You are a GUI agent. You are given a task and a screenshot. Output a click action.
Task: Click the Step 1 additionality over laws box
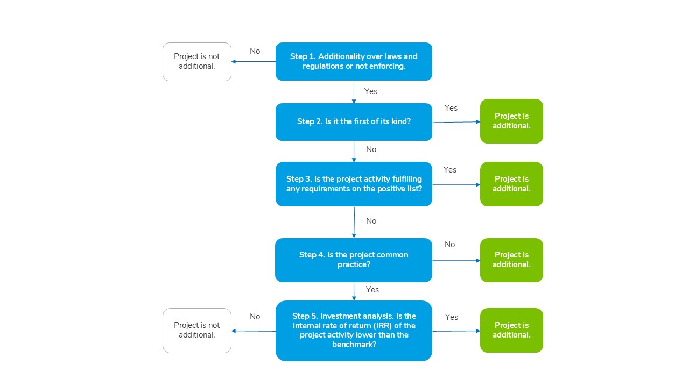tap(354, 61)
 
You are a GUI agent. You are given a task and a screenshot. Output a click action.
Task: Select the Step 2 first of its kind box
tap(354, 122)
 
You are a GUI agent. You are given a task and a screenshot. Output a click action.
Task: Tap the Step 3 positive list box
tap(354, 184)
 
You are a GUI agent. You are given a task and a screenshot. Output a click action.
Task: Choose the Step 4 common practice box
tap(354, 260)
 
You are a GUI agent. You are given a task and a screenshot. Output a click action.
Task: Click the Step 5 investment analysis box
tap(354, 331)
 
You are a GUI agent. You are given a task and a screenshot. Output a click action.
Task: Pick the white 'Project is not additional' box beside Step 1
tap(197, 62)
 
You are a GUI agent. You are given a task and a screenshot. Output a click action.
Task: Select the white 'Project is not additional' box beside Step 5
tap(197, 331)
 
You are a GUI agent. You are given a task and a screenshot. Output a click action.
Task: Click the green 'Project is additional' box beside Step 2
tap(511, 121)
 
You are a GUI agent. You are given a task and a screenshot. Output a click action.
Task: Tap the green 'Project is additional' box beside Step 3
tap(511, 184)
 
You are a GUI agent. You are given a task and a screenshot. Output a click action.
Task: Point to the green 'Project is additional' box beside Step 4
tap(511, 260)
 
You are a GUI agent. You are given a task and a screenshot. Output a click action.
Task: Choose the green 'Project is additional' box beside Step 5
tap(511, 330)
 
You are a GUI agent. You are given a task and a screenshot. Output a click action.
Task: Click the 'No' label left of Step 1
tap(255, 51)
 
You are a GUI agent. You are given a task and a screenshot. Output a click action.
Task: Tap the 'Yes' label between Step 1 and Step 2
tap(371, 91)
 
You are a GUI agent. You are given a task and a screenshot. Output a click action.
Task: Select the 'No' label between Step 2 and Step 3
tap(371, 149)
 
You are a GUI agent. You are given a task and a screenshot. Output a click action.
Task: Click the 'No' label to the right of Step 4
tap(449, 245)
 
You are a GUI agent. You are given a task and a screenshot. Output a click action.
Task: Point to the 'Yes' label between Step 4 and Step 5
tap(372, 290)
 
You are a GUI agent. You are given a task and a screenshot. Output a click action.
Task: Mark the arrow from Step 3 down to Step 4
tap(354, 222)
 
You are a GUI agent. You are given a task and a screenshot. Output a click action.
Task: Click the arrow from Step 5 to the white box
tap(254, 331)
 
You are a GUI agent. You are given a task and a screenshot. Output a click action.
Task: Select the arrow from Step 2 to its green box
tap(456, 122)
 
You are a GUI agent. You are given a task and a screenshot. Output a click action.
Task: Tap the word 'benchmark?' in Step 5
tap(354, 345)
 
